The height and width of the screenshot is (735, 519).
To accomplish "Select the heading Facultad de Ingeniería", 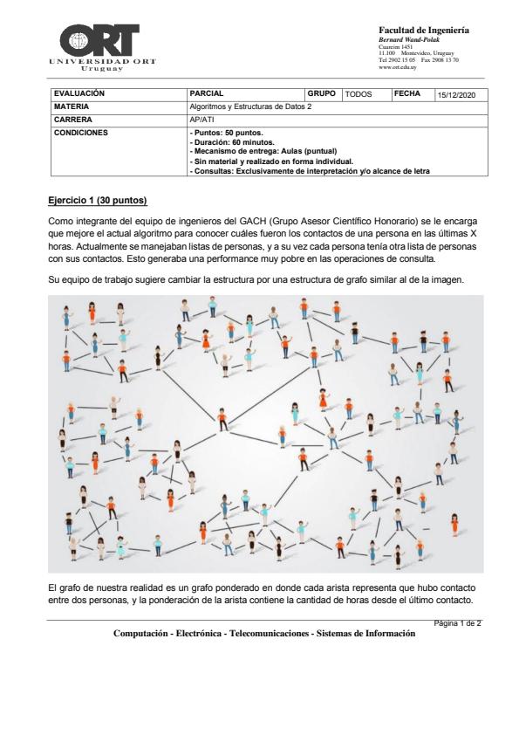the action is click(424, 31).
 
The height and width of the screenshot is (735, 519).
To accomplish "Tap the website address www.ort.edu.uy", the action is click(398, 67).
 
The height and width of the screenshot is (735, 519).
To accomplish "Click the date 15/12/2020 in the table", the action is click(456, 95).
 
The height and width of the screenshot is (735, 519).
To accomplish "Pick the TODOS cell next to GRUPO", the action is click(359, 94).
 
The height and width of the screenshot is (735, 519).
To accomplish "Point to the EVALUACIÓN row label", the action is click(79, 93).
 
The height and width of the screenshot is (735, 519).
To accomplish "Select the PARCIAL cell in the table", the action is click(207, 93).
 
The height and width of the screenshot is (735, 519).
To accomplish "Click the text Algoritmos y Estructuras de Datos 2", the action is click(250, 106).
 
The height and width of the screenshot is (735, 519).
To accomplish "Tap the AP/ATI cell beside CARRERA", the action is click(201, 120).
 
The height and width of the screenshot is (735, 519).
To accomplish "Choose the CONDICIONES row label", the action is click(81, 133).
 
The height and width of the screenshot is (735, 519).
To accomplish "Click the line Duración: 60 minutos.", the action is click(232, 142).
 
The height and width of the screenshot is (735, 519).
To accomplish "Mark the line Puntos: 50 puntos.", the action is click(227, 134).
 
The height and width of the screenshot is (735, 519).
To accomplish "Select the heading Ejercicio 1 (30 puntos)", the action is click(98, 201).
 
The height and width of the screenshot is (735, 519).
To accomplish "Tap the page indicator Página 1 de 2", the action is click(457, 623).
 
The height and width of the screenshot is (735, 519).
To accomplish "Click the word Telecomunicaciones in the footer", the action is click(269, 634).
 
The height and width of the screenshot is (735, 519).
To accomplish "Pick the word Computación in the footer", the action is click(140, 634).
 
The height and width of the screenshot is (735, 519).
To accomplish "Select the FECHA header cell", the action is click(407, 93).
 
